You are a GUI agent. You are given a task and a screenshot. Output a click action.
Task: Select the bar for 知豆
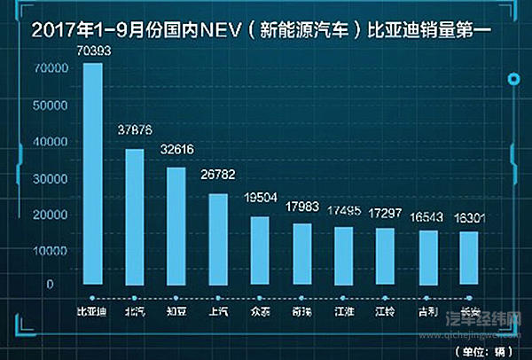176,227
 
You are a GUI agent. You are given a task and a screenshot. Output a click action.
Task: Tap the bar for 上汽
217,239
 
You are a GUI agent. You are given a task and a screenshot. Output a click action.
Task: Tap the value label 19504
260,201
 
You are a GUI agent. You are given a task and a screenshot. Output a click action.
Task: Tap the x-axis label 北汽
135,311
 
